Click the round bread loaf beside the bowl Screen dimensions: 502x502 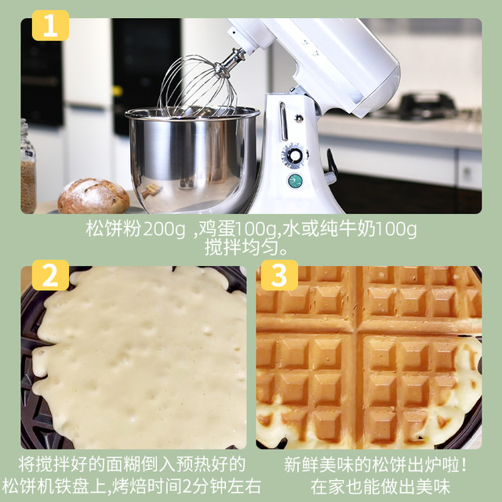point(93,197)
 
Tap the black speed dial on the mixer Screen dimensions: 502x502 point(295,155)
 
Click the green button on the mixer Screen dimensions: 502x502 point(295,180)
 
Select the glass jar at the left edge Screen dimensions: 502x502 point(27,169)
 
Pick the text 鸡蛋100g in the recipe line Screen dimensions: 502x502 point(239,230)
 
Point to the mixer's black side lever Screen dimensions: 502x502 point(332,165)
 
